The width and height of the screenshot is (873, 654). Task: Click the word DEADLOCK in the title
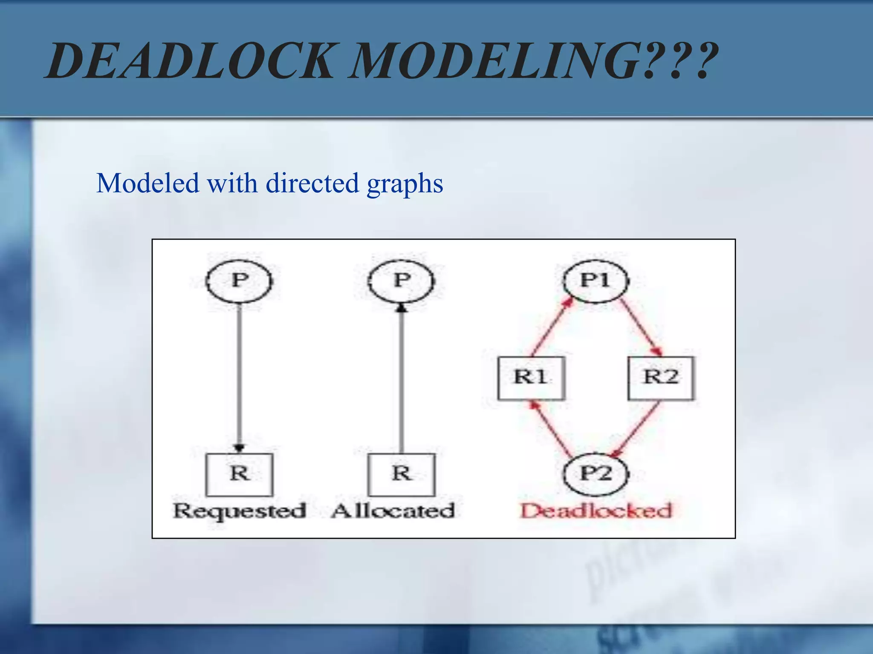[x=190, y=61]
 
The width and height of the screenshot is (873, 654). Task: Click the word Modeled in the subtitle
[x=147, y=183]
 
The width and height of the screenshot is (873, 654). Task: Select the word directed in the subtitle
[x=312, y=183]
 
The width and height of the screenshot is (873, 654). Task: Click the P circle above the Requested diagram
[x=239, y=281]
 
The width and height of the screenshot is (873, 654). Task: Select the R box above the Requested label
[x=239, y=474]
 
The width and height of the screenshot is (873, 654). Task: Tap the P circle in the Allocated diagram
[x=401, y=281]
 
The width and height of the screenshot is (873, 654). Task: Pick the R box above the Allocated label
[x=402, y=474]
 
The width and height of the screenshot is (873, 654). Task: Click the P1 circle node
[x=595, y=281]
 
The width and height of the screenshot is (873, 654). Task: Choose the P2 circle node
[x=595, y=473]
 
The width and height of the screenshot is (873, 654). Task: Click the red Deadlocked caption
[x=596, y=511]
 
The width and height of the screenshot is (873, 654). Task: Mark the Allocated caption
[x=393, y=511]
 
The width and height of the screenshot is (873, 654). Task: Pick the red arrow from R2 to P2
[x=636, y=428]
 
